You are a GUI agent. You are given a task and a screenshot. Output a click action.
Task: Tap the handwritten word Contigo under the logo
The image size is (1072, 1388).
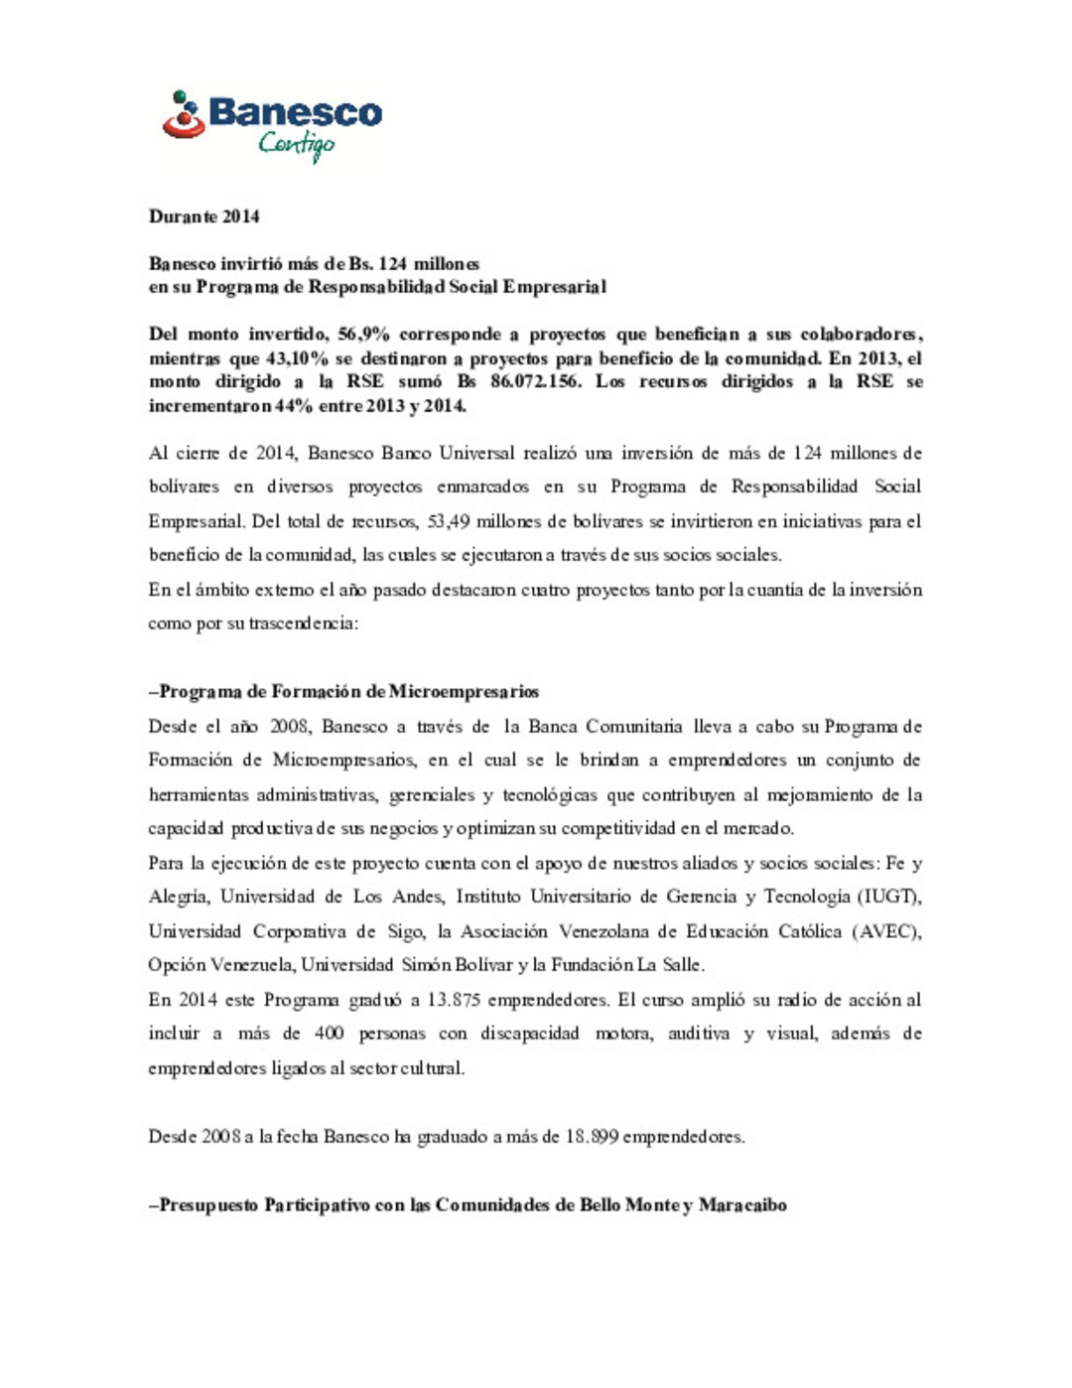pyautogui.click(x=296, y=145)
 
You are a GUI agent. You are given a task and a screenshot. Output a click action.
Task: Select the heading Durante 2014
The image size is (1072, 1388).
pyautogui.click(x=203, y=216)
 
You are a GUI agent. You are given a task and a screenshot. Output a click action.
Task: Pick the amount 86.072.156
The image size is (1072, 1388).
pyautogui.click(x=535, y=382)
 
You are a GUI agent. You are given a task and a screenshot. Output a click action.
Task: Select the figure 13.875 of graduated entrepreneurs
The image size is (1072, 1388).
pyautogui.click(x=454, y=1000)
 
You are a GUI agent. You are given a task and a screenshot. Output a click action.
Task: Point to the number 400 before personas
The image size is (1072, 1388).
pyautogui.click(x=329, y=1034)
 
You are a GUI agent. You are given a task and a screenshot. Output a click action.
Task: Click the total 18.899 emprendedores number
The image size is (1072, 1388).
pyautogui.click(x=593, y=1137)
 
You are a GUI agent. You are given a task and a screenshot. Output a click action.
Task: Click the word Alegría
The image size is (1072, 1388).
pyautogui.click(x=179, y=897)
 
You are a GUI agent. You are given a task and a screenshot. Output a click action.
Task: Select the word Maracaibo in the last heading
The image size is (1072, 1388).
pyautogui.click(x=742, y=1205)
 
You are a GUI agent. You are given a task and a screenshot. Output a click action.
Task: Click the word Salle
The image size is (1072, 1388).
pyautogui.click(x=682, y=965)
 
